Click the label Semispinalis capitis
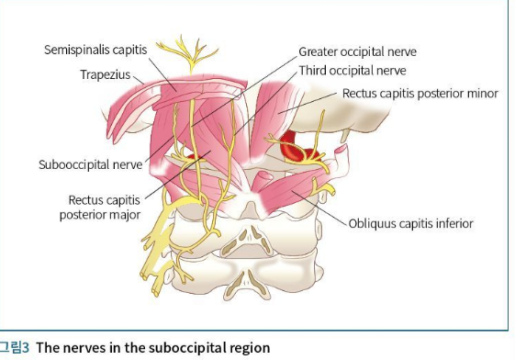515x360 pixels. coord(95,50)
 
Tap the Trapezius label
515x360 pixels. coord(106,75)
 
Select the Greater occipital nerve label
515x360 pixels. coord(358,52)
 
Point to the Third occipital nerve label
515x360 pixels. coord(353,71)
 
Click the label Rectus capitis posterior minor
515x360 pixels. coord(420,94)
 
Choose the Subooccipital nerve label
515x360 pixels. coord(91,164)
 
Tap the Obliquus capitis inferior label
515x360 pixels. coord(411,224)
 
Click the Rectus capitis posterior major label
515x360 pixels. coord(100,208)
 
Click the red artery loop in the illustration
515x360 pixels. coord(296,148)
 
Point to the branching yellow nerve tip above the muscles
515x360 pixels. coord(188,54)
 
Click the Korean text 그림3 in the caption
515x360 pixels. coord(15,347)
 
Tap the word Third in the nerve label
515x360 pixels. coord(312,71)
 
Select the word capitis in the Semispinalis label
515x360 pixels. coord(129,51)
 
